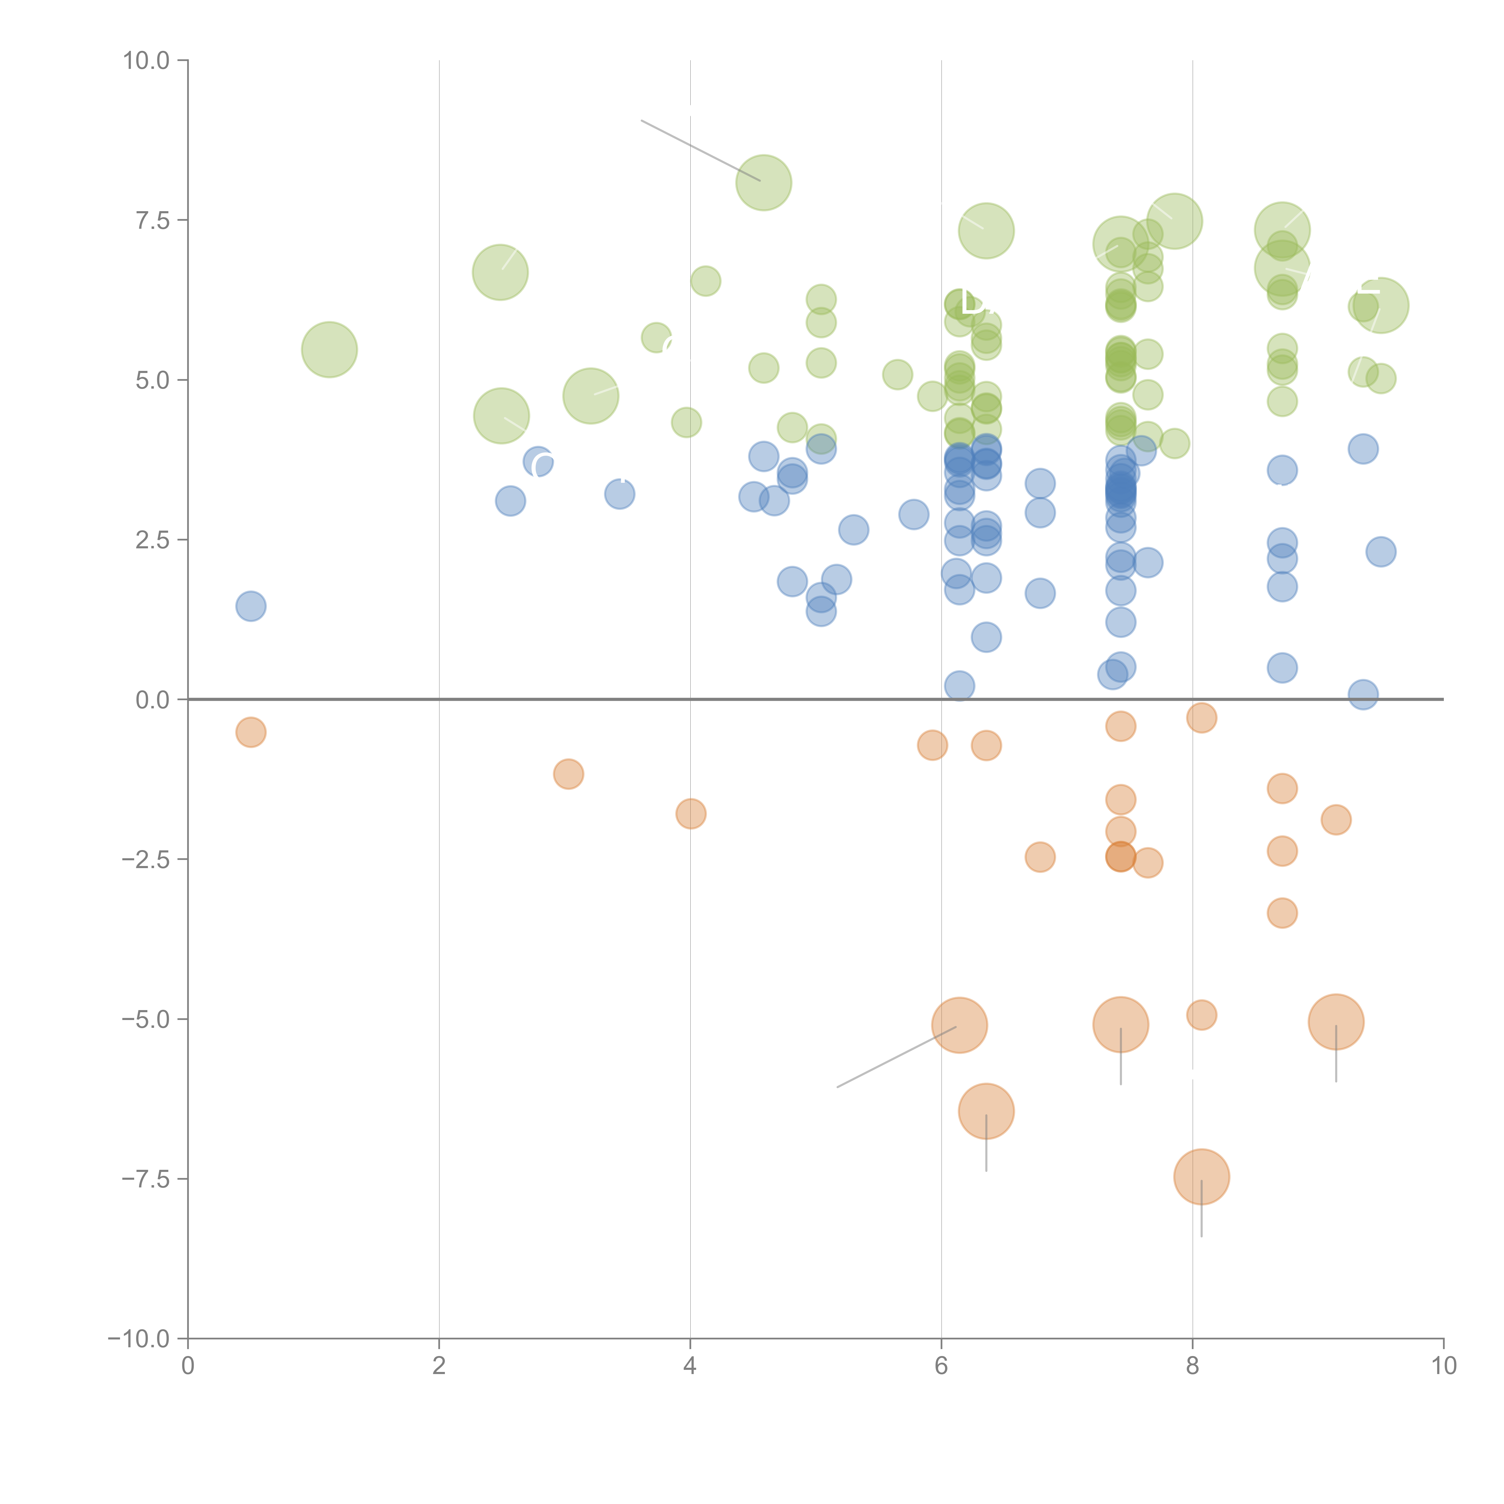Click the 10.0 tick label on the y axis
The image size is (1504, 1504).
pyautogui.click(x=146, y=61)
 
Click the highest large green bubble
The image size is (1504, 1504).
pyautogui.click(x=764, y=183)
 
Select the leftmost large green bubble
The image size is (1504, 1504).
pyautogui.click(x=329, y=350)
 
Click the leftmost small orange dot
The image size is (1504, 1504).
pyautogui.click(x=251, y=732)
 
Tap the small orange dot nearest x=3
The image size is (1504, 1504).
pyautogui.click(x=568, y=774)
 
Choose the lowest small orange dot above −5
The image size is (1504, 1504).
pyautogui.click(x=1282, y=913)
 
